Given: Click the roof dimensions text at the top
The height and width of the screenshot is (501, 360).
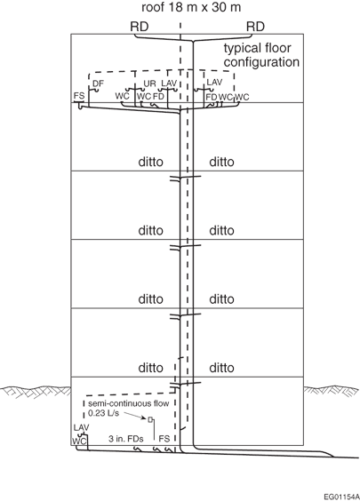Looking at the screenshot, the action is (x=191, y=7).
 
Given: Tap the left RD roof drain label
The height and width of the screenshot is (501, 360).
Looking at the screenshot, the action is (x=140, y=27).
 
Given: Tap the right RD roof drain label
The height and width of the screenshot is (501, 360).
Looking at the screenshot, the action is (x=255, y=27).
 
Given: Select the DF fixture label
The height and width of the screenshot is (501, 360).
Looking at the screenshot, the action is (x=98, y=83).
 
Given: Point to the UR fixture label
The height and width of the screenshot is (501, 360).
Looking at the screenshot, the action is (x=149, y=83).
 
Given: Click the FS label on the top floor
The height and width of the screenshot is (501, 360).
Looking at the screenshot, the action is (x=79, y=96).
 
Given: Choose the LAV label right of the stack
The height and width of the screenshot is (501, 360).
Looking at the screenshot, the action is (x=214, y=82).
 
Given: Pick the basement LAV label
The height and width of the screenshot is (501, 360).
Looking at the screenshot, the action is (x=81, y=427).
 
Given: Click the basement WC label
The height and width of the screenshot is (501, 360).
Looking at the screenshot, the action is (x=79, y=441).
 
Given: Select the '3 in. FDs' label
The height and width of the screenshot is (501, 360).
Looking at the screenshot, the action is (x=125, y=439).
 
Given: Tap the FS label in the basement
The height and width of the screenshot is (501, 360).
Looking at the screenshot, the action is (x=164, y=439).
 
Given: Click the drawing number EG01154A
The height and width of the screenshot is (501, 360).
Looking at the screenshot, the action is (x=341, y=497).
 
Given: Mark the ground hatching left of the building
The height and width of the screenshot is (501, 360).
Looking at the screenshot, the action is (x=36, y=392).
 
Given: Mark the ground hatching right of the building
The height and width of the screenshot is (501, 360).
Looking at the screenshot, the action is (x=332, y=391).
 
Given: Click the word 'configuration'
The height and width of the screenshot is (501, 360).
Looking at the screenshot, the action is (x=261, y=62).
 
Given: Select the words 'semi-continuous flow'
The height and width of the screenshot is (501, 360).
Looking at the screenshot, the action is (x=129, y=403).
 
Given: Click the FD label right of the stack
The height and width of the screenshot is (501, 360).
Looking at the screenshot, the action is (x=212, y=97).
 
